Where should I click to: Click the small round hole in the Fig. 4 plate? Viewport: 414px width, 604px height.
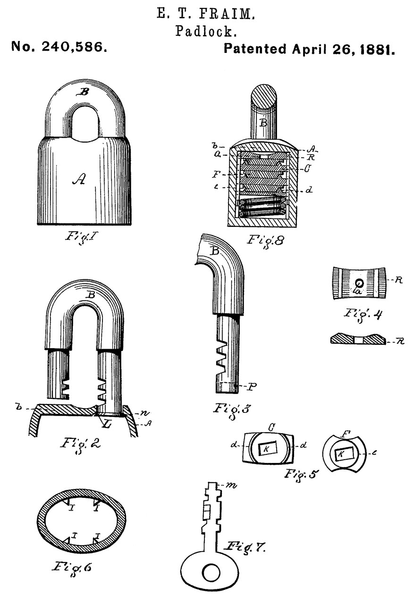[360, 283]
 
